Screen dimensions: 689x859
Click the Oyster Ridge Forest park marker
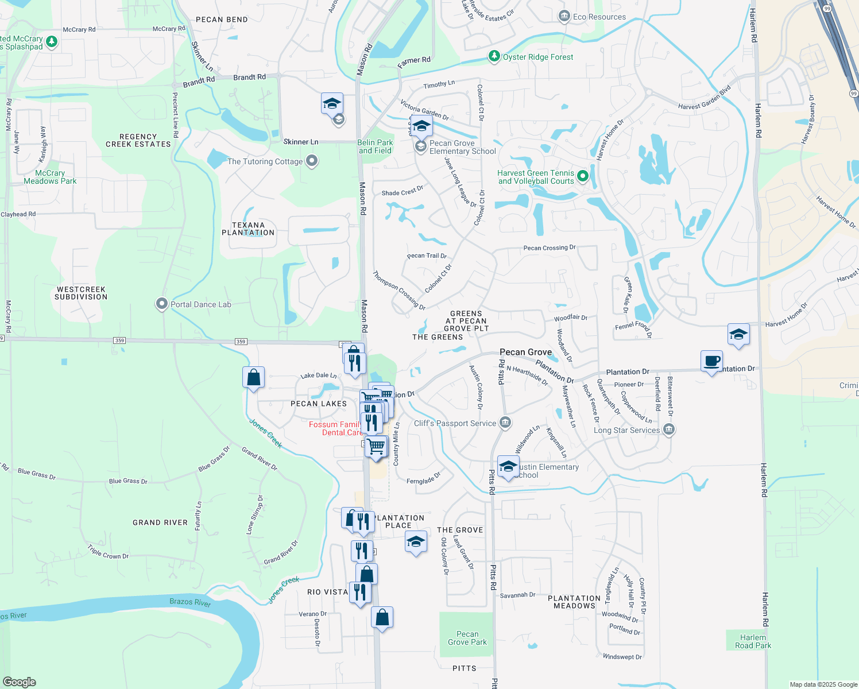pyautogui.click(x=494, y=56)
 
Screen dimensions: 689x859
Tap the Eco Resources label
pyautogui.click(x=599, y=17)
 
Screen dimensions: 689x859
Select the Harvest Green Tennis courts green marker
pyautogui.click(x=583, y=176)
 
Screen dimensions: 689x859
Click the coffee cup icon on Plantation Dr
pyautogui.click(x=712, y=361)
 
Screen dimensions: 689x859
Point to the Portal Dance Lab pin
pyautogui.click(x=162, y=304)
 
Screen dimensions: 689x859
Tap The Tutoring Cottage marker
pyautogui.click(x=312, y=161)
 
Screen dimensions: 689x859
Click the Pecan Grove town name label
pyautogui.click(x=525, y=352)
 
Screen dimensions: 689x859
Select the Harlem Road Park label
pyautogui.click(x=753, y=641)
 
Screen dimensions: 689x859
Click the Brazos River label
pyautogui.click(x=190, y=602)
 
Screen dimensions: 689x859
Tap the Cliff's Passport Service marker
pyautogui.click(x=505, y=423)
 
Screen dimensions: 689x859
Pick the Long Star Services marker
pyautogui.click(x=668, y=429)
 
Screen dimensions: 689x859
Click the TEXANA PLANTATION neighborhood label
pyautogui.click(x=248, y=229)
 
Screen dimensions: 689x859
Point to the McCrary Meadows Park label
pyautogui.click(x=50, y=177)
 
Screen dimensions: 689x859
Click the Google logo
pyautogui.click(x=20, y=682)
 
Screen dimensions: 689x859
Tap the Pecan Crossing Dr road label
pyautogui.click(x=549, y=248)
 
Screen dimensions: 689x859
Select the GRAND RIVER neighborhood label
pyautogui.click(x=160, y=522)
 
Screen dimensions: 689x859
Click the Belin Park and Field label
pyautogui.click(x=375, y=146)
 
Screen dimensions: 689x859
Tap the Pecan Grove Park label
pyautogui.click(x=467, y=638)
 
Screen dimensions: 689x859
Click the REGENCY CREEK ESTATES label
pyautogui.click(x=138, y=141)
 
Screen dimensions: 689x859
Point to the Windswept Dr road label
pyautogui.click(x=622, y=656)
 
